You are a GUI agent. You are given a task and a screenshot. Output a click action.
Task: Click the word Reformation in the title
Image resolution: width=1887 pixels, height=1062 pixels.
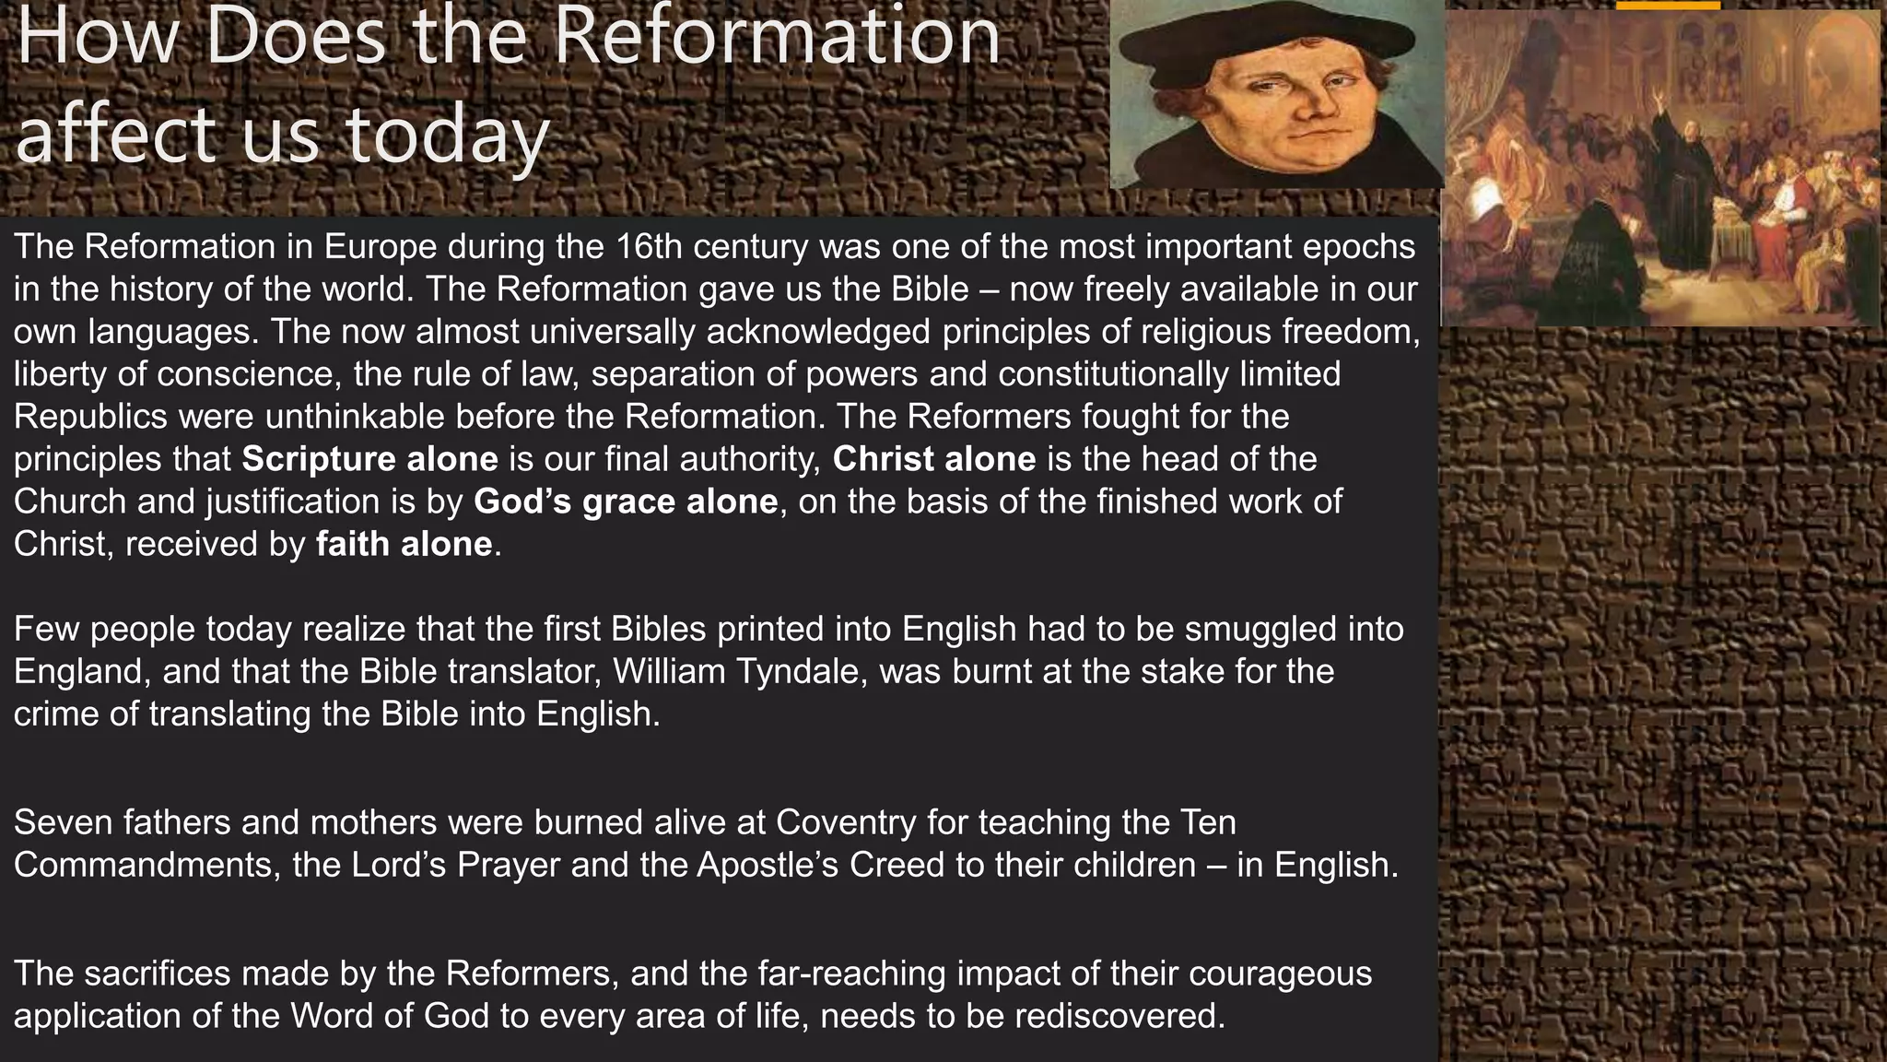777,37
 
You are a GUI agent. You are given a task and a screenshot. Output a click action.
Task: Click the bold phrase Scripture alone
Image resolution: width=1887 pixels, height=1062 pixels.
369,459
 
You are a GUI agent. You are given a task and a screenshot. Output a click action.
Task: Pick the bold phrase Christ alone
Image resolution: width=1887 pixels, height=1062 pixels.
933,459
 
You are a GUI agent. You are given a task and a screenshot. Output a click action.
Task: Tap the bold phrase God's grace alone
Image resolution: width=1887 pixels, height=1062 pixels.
626,501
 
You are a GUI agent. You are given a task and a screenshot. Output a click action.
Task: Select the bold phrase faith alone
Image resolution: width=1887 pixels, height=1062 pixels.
404,544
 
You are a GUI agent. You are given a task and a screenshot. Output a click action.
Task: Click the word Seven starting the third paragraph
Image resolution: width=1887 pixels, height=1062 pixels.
62,821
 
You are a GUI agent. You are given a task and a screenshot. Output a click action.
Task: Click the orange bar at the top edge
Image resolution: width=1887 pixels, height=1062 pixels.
1668,5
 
